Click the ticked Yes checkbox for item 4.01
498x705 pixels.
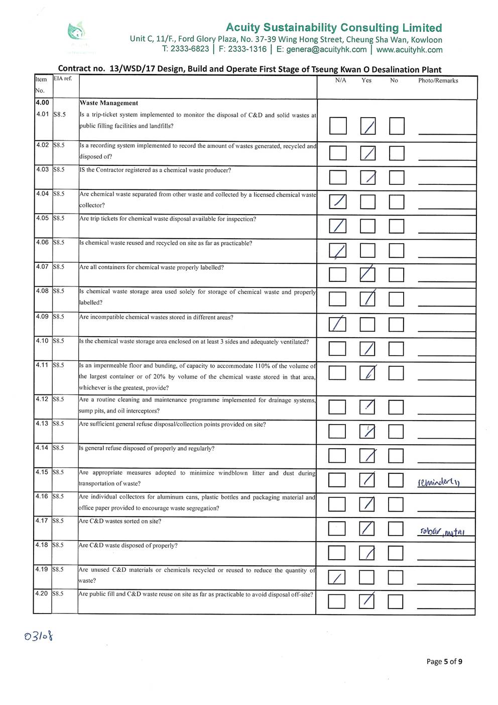pyautogui.click(x=368, y=126)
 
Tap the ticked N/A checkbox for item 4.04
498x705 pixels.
pyautogui.click(x=337, y=202)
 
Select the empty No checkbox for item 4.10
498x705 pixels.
pyautogui.click(x=396, y=349)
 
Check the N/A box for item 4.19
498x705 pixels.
pyautogui.click(x=337, y=577)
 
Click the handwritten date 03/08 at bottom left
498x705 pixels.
pyautogui.click(x=39, y=637)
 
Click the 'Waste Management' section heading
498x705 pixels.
pyautogui.click(x=109, y=103)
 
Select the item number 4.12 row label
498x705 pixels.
pyautogui.click(x=42, y=399)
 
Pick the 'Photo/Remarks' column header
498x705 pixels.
pyautogui.click(x=438, y=80)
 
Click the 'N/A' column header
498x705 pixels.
pyautogui.click(x=340, y=80)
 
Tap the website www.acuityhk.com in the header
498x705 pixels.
pyautogui.click(x=409, y=50)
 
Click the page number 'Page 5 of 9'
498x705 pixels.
pyautogui.click(x=444, y=661)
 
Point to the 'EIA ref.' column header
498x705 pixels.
pyautogui.click(x=63, y=78)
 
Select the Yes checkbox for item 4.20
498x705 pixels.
pyautogui.click(x=367, y=601)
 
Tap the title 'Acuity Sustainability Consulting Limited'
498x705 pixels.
pyautogui.click(x=334, y=28)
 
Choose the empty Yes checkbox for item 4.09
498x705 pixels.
pyautogui.click(x=367, y=325)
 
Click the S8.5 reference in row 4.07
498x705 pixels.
pyautogui.click(x=59, y=267)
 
